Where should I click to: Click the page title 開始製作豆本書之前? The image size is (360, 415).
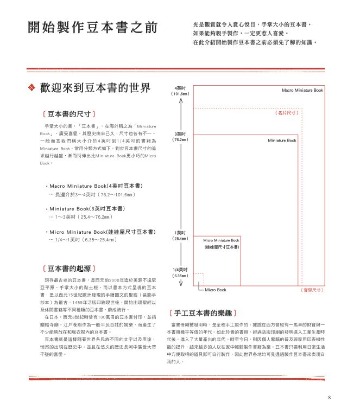click(x=92, y=28)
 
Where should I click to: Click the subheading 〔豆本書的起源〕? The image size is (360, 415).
click(x=69, y=268)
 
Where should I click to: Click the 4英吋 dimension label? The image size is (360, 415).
click(x=180, y=87)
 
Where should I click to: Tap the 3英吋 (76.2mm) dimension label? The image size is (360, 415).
click(x=180, y=136)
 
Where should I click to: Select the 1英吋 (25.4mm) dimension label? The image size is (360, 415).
click(x=180, y=235)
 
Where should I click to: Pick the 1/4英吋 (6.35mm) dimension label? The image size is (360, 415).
click(x=180, y=272)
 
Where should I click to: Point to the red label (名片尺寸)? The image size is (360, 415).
click(x=286, y=113)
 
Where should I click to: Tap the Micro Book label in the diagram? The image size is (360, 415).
click(x=216, y=290)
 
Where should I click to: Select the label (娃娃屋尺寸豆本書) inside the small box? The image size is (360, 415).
click(x=222, y=247)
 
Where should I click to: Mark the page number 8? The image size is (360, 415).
click(x=330, y=397)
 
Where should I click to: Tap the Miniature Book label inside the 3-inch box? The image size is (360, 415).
click(x=282, y=141)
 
